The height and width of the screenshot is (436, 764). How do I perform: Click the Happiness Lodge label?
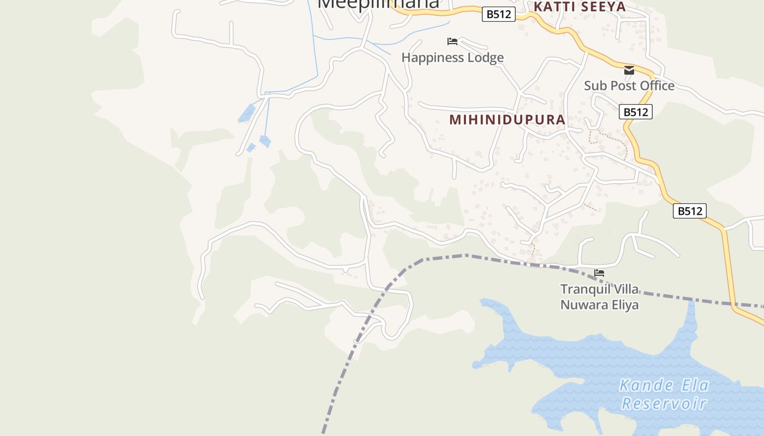452,57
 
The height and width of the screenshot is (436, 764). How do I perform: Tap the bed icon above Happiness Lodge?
452,41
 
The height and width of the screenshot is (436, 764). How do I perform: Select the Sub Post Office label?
629,86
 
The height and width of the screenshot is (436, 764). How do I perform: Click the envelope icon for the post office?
629,70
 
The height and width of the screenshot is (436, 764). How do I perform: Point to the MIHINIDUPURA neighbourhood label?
507,120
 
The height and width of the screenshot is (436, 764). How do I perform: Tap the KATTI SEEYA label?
579,7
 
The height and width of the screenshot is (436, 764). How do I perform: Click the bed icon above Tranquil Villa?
599,273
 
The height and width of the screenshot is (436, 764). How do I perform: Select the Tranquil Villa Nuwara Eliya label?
599,296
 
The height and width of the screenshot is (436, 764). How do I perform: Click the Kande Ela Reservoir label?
664,394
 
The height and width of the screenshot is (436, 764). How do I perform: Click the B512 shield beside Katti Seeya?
499,14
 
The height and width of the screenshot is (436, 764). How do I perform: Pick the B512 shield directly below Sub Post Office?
636,112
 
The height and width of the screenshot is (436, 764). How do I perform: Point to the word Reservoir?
664,403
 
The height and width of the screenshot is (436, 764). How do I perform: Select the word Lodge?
484,57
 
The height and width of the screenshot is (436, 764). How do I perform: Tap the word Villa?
625,289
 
